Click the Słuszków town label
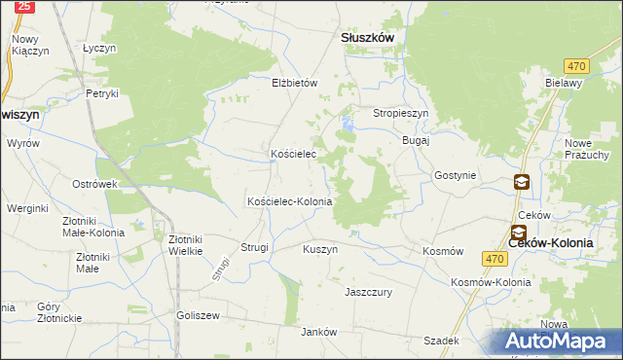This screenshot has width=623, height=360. click(367, 37)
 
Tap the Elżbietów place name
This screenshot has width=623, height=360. click(295, 84)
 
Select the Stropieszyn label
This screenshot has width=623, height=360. click(401, 114)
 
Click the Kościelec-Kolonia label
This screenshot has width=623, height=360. click(290, 201)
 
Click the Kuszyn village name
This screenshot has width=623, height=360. click(320, 249)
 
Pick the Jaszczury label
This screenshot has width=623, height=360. click(368, 291)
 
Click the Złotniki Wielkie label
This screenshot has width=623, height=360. click(185, 244)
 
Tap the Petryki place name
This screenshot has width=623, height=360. click(102, 93)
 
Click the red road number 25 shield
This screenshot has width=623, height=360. click(25, 6)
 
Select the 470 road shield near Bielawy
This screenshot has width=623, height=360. click(577, 65)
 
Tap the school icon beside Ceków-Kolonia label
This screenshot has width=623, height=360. click(518, 233)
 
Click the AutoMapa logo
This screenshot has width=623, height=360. click(561, 342)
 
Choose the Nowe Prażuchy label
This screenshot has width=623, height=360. click(587, 149)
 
